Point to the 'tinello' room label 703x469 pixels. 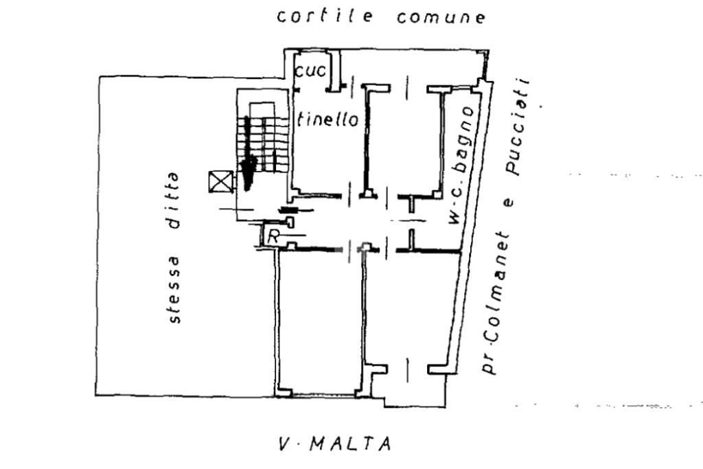coord(329,119)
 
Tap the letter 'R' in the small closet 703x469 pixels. coord(273,238)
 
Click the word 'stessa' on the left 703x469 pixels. coord(175,288)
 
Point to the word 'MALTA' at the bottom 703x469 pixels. coord(351,445)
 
